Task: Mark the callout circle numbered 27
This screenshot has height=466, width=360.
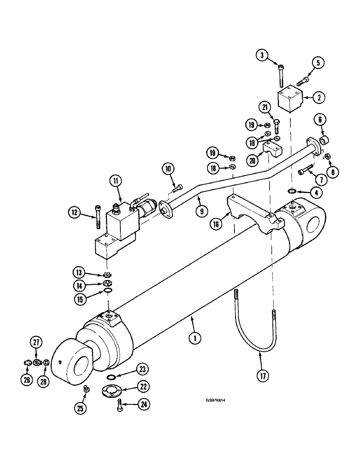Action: click(x=36, y=343)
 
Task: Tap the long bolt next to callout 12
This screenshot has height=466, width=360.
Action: click(x=98, y=217)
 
